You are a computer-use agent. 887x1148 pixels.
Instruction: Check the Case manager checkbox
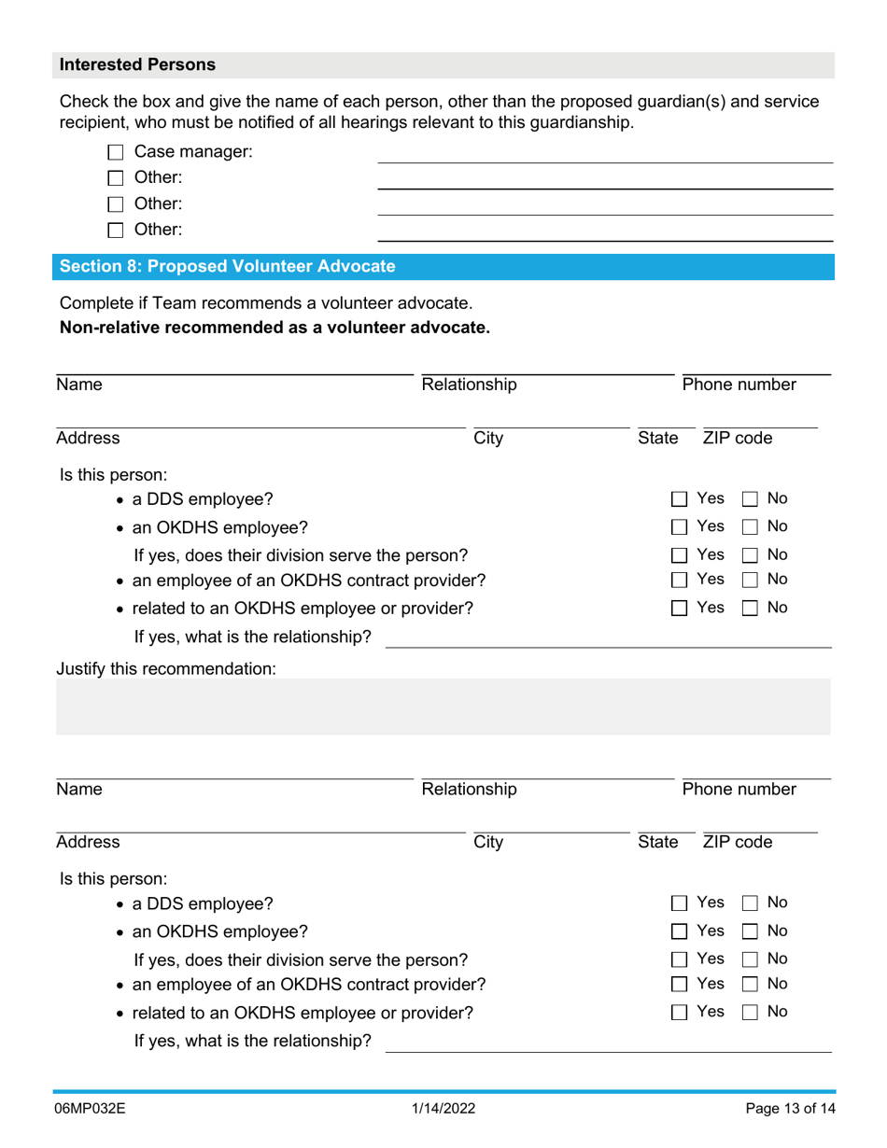pos(116,152)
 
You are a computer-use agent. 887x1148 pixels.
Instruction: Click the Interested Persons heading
pos(137,65)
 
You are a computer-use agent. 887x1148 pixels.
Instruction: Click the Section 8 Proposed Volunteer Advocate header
pos(227,267)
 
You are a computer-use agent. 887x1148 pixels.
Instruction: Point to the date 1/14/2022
pos(443,1109)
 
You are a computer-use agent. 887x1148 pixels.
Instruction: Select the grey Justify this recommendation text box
pos(443,707)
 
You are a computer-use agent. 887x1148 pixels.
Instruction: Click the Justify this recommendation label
pos(167,669)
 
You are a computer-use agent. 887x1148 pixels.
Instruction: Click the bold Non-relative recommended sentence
pos(275,328)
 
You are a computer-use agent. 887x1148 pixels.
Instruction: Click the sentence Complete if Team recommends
pos(265,303)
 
